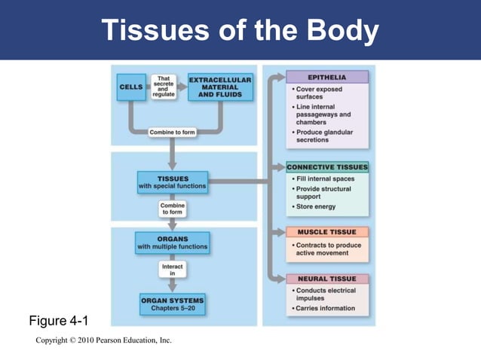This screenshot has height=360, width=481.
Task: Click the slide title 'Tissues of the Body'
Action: pyautogui.click(x=240, y=30)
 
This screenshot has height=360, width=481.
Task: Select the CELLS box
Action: pyautogui.click(x=131, y=87)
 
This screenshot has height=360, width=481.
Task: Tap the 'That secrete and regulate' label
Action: pyautogui.click(x=164, y=87)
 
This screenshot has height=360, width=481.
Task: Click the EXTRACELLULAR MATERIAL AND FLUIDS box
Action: pyautogui.click(x=219, y=87)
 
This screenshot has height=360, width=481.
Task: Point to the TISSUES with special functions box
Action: pyautogui.click(x=173, y=182)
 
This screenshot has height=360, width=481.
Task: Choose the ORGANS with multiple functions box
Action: pyautogui.click(x=173, y=243)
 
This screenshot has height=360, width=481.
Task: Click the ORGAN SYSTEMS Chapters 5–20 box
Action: pyautogui.click(x=173, y=304)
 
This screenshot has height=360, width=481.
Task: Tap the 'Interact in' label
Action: pyautogui.click(x=173, y=270)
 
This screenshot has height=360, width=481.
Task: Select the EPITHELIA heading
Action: pyautogui.click(x=327, y=77)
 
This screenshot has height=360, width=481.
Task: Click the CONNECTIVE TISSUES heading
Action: pyautogui.click(x=327, y=166)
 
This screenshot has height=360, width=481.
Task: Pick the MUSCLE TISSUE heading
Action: pyautogui.click(x=327, y=232)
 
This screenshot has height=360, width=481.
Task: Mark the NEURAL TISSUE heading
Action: pyautogui.click(x=327, y=279)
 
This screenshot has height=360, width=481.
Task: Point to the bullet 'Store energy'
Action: pyautogui.click(x=315, y=206)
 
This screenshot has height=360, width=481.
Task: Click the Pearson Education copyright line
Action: pyautogui.click(x=104, y=340)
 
